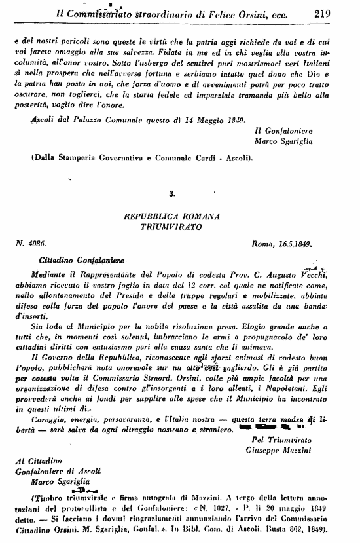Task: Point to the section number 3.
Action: [171, 194]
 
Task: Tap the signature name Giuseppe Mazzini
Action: [284, 453]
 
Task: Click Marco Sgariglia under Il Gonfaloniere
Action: [283, 140]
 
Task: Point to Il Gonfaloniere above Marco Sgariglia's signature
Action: [284, 130]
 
